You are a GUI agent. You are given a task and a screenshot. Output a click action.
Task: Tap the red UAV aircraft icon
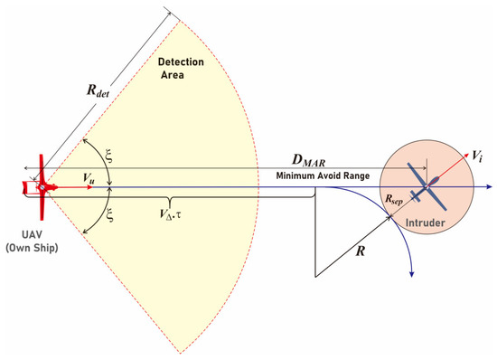pyautogui.click(x=41, y=186)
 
